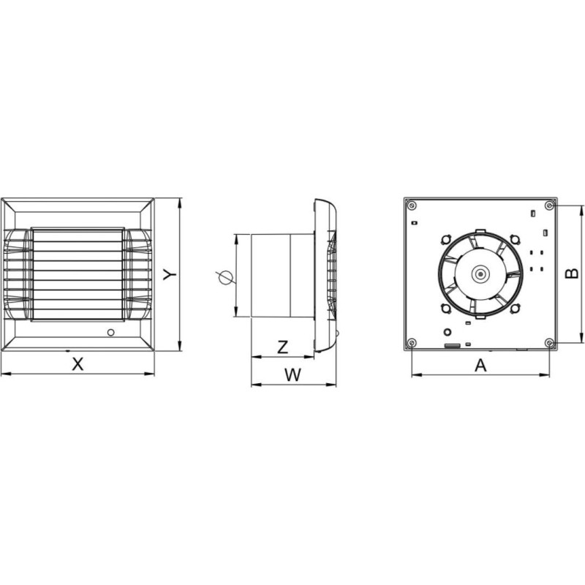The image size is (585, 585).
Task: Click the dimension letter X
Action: tap(78, 363)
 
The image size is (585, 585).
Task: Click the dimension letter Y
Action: tap(171, 275)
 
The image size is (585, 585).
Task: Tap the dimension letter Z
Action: tap(283, 347)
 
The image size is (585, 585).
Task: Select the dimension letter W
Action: tap(293, 375)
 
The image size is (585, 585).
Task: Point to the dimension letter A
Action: tap(481, 365)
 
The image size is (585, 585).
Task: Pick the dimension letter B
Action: tap(572, 273)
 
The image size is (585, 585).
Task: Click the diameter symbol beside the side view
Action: tap(224, 278)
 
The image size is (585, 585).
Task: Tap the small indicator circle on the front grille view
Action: tap(111, 332)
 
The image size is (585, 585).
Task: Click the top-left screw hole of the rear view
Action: tap(412, 205)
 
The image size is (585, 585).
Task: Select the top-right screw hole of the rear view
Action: tap(550, 205)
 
